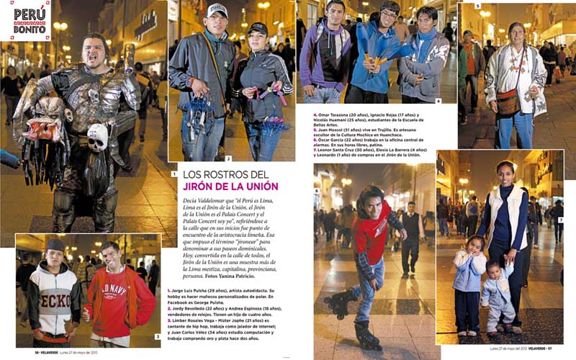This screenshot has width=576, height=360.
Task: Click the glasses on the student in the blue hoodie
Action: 390,14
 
